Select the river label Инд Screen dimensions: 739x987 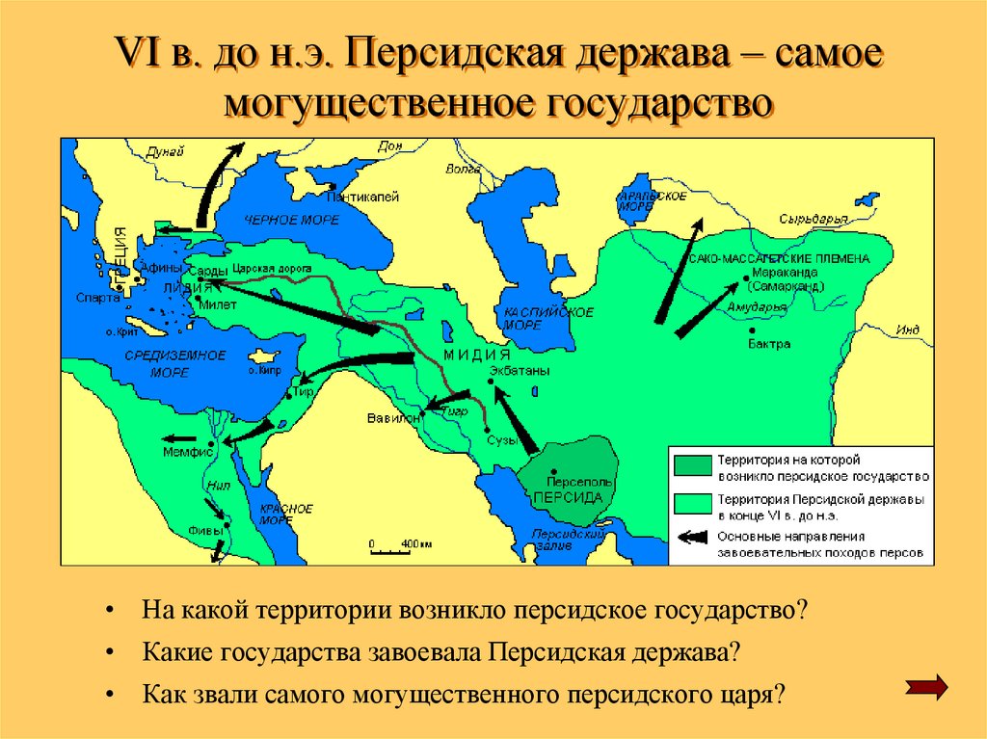point(907,330)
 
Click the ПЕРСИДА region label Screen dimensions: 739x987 point(568,497)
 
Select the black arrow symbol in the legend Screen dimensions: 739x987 point(693,541)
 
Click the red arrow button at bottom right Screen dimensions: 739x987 point(928,686)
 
